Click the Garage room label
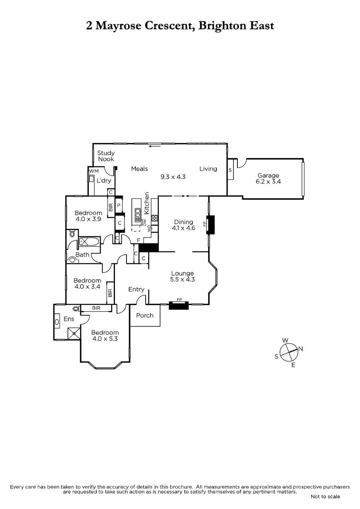click(x=268, y=175)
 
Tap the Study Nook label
click(x=106, y=156)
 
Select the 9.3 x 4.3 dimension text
click(x=173, y=176)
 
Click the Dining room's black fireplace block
click(x=211, y=225)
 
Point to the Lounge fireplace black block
click(x=179, y=305)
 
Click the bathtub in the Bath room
click(x=90, y=241)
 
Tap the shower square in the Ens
click(x=74, y=333)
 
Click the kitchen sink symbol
click(x=138, y=215)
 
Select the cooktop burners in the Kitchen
click(x=155, y=218)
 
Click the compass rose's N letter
click(x=301, y=349)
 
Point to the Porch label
click(x=145, y=316)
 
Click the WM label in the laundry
click(x=94, y=171)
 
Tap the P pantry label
click(x=119, y=205)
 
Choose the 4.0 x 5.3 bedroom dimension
click(x=105, y=338)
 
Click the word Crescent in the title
click(x=169, y=25)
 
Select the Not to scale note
click(x=325, y=497)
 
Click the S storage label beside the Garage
click(x=230, y=170)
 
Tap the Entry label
click(x=136, y=289)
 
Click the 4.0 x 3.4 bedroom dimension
click(x=87, y=287)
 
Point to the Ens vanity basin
click(x=56, y=322)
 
